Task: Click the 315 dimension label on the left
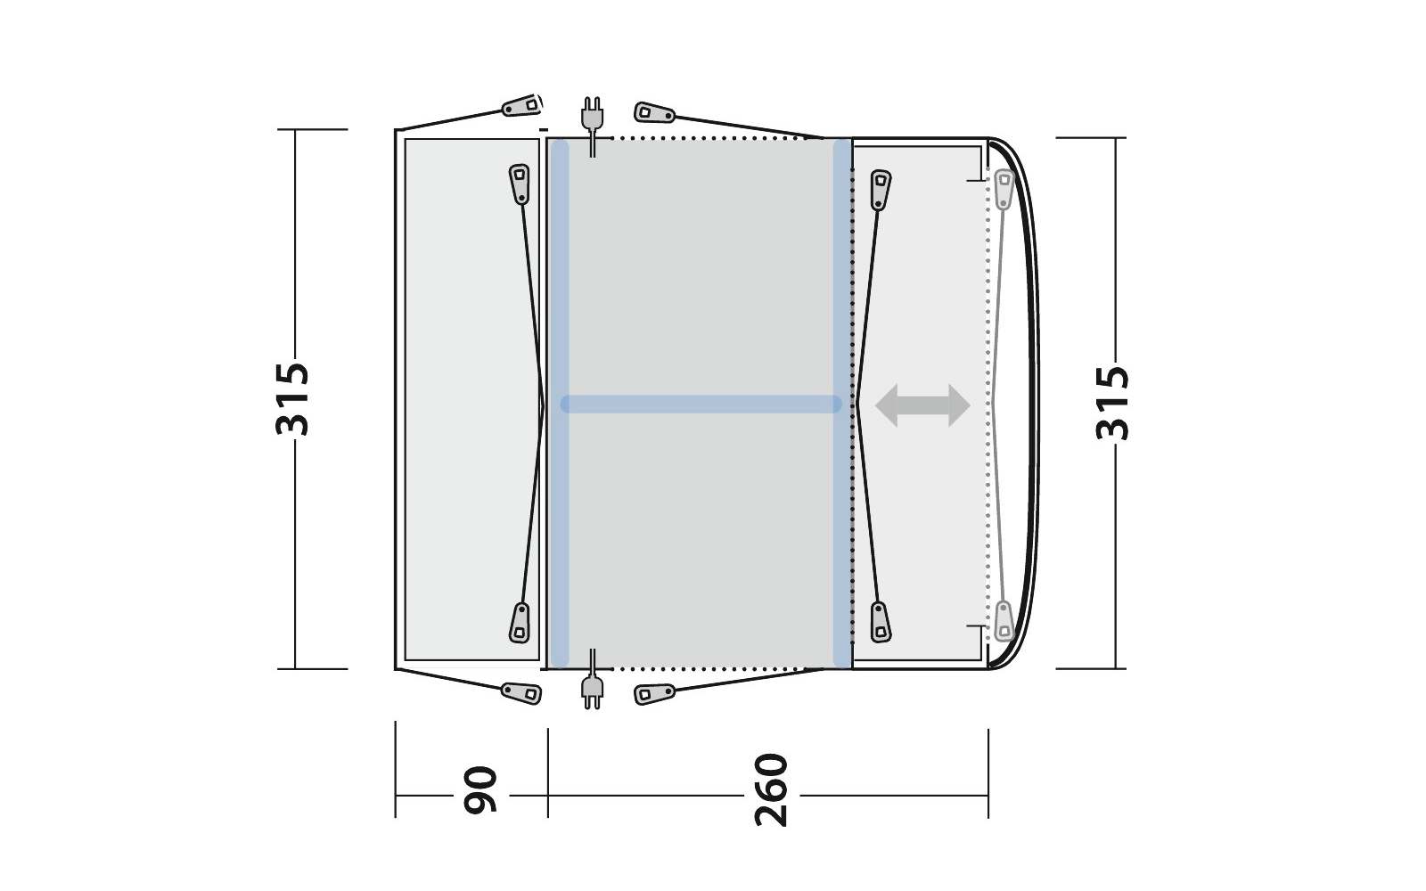point(293,399)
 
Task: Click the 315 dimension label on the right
point(1113,403)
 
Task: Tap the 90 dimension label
point(479,789)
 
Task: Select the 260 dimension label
point(771,789)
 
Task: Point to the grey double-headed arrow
point(922,405)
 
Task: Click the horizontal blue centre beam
point(701,405)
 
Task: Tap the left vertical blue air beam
point(559,404)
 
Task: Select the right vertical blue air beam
point(842,404)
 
